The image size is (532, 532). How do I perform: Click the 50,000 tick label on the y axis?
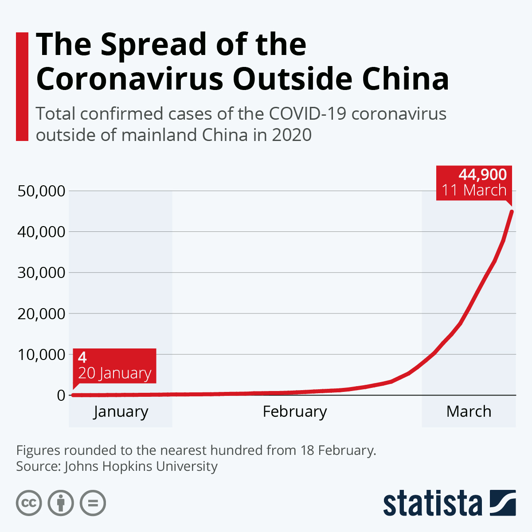[41, 191]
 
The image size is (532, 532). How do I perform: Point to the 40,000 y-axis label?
[41, 232]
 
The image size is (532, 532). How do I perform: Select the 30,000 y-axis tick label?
[41, 273]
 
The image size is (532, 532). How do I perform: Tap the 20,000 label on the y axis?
[41, 313]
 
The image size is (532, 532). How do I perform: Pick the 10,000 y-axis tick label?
[41, 354]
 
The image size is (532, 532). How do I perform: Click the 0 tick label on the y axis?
[61, 395]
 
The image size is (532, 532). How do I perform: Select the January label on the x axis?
[121, 411]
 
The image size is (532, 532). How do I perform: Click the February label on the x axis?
[295, 411]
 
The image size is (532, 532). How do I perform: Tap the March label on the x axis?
[469, 411]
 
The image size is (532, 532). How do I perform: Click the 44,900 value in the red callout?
[482, 175]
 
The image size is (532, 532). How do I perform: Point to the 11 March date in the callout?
[474, 190]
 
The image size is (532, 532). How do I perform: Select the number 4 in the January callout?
[82, 357]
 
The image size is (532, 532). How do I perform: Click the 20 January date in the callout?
[115, 373]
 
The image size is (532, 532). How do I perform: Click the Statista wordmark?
[433, 504]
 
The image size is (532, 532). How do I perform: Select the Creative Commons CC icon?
[29, 504]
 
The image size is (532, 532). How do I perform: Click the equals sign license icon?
[93, 504]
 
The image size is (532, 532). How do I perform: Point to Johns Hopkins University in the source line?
[141, 466]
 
